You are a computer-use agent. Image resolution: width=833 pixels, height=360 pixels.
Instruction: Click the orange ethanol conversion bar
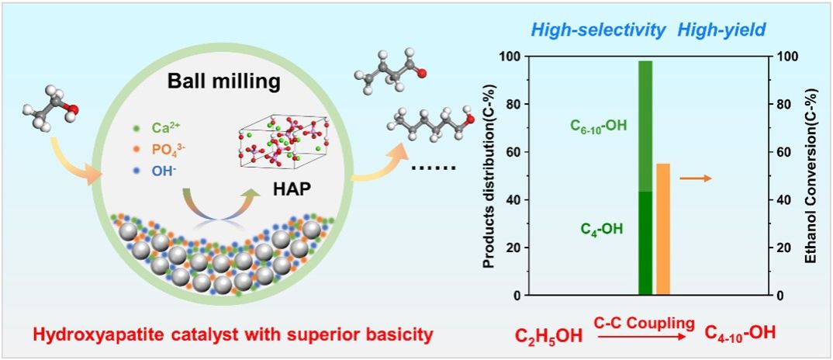point(662,230)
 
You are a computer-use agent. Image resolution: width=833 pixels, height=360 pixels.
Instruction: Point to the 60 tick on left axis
point(507,152)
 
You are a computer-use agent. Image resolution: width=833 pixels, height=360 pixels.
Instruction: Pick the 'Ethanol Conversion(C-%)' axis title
point(811,176)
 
